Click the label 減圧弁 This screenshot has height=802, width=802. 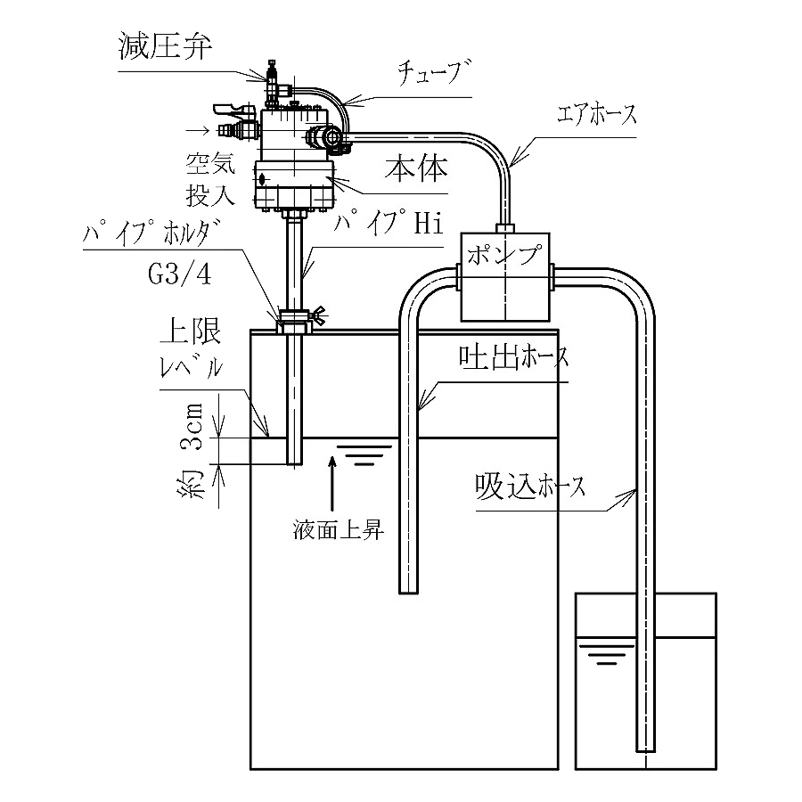[165, 46]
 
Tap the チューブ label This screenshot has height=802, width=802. [434, 72]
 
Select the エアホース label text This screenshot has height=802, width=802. [597, 114]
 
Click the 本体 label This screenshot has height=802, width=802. [416, 168]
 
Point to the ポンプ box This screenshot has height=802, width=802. [505, 277]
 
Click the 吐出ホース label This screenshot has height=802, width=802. [513, 357]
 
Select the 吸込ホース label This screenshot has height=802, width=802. [530, 486]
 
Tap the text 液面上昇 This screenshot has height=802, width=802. [338, 530]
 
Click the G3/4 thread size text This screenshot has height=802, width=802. [179, 274]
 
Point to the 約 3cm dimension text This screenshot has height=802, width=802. [192, 451]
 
